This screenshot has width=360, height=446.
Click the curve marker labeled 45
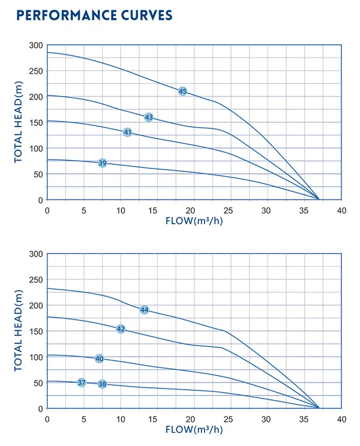click(182, 91)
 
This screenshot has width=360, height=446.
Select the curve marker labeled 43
click(149, 117)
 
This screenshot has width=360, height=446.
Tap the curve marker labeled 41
click(127, 132)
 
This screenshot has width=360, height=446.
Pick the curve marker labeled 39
click(103, 163)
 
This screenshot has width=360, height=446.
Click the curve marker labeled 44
click(144, 310)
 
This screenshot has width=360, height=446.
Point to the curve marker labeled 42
click(121, 329)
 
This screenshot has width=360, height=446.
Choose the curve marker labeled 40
click(99, 358)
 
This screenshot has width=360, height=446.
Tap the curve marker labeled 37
click(82, 382)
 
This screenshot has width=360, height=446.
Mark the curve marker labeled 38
click(102, 384)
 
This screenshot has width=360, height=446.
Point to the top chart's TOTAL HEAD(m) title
click(19, 122)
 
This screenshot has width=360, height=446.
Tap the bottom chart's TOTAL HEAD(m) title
click(19, 331)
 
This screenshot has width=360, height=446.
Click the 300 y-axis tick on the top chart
click(36, 46)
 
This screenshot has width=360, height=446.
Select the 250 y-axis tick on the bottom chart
click(36, 280)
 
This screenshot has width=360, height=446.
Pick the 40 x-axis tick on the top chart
click(341, 210)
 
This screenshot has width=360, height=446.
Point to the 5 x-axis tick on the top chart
click(84, 210)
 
